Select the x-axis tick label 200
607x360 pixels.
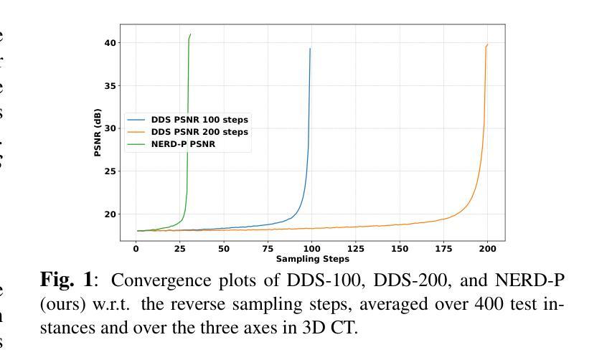[488, 249]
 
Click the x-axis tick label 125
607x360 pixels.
[356, 249]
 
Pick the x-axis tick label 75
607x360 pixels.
[268, 249]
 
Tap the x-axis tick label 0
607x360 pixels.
[136, 249]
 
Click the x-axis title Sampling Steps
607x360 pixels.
[312, 259]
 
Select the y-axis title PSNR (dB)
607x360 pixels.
[97, 133]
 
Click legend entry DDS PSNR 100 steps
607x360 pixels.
[199, 120]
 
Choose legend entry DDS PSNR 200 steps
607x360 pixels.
[199, 132]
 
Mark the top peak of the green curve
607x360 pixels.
[190, 34]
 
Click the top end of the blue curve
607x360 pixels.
[310, 49]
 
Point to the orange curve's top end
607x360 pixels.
[488, 44]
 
